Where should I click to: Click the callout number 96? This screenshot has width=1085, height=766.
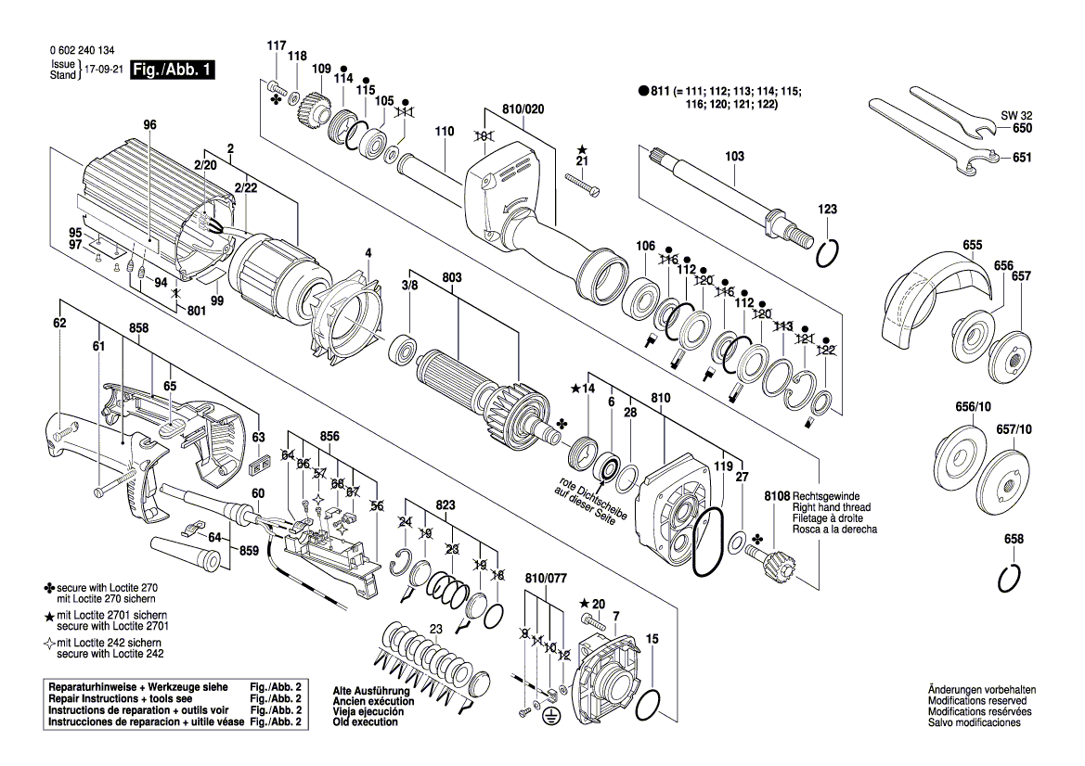tap(150, 125)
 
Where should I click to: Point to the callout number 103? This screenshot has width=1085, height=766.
tap(734, 157)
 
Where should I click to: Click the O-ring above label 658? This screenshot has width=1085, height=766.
tap(1011, 578)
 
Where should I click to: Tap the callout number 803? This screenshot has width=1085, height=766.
tap(452, 277)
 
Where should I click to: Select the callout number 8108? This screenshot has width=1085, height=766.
tap(777, 496)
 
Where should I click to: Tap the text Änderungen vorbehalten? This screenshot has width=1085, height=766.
tap(981, 691)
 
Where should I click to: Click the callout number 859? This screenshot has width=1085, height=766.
tap(249, 551)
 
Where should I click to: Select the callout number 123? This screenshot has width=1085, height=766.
tap(827, 210)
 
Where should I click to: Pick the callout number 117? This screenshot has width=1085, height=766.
tap(277, 45)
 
